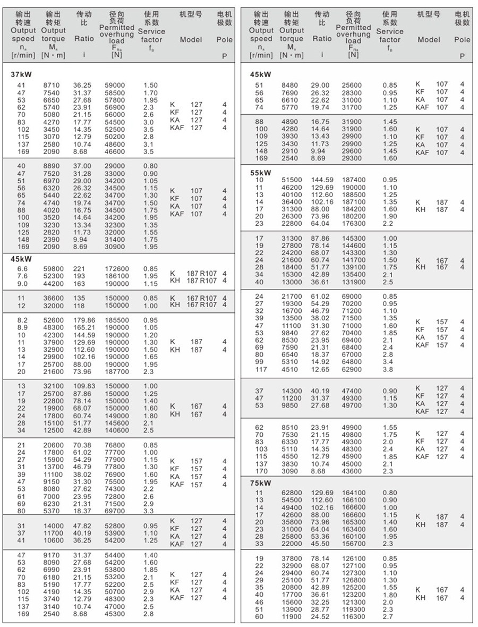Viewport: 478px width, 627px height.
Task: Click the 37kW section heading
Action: click(21, 74)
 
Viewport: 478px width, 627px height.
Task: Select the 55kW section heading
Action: click(260, 173)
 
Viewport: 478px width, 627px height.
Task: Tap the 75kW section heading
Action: click(260, 483)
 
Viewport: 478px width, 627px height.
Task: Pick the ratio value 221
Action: click(79, 269)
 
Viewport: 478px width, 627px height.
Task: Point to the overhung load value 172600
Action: click(117, 269)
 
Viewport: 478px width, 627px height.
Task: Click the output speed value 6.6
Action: click(22, 269)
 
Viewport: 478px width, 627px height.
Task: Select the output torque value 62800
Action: click(291, 493)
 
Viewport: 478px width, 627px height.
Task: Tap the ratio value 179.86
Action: click(84, 320)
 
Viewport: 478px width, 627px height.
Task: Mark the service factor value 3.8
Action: click(388, 370)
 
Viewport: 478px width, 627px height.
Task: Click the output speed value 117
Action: click(261, 370)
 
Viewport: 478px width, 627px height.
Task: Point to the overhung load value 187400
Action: click(355, 180)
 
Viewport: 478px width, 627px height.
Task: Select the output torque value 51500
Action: click(291, 180)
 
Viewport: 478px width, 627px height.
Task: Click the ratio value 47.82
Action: click(82, 526)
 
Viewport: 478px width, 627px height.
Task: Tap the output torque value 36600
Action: click(54, 298)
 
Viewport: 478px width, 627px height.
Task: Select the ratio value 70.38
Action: click(82, 445)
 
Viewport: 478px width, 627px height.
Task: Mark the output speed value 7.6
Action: click(22, 276)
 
